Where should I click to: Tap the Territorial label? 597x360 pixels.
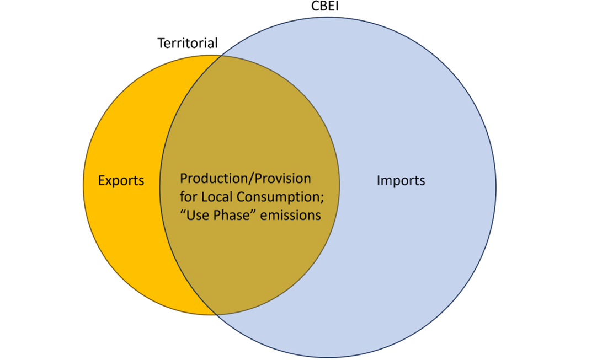click(x=188, y=43)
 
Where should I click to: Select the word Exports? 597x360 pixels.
click(x=121, y=180)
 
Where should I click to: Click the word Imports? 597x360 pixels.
click(x=401, y=180)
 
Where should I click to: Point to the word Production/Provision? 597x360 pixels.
click(x=246, y=179)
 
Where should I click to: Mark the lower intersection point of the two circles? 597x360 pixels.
click(x=216, y=314)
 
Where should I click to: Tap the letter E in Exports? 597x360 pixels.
click(x=101, y=180)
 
